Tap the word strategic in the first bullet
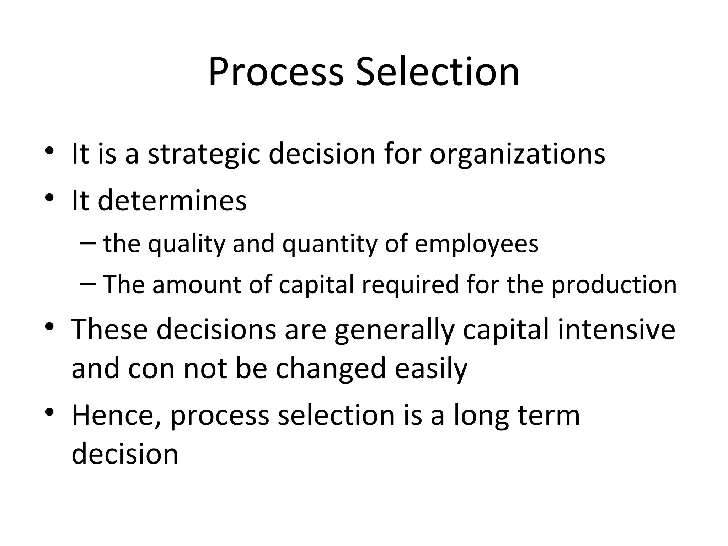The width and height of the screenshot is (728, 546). [x=204, y=154]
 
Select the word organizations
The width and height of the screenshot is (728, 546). [x=517, y=154]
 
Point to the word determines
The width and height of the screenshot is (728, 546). [x=172, y=200]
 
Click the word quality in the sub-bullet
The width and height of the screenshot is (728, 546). [x=187, y=244]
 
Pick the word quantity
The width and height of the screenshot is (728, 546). [x=329, y=244]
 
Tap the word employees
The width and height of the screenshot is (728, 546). [x=476, y=244]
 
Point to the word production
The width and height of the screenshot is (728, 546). [x=614, y=285]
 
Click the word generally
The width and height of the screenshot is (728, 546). [x=395, y=330]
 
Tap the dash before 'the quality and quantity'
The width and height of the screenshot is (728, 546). [x=88, y=243]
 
